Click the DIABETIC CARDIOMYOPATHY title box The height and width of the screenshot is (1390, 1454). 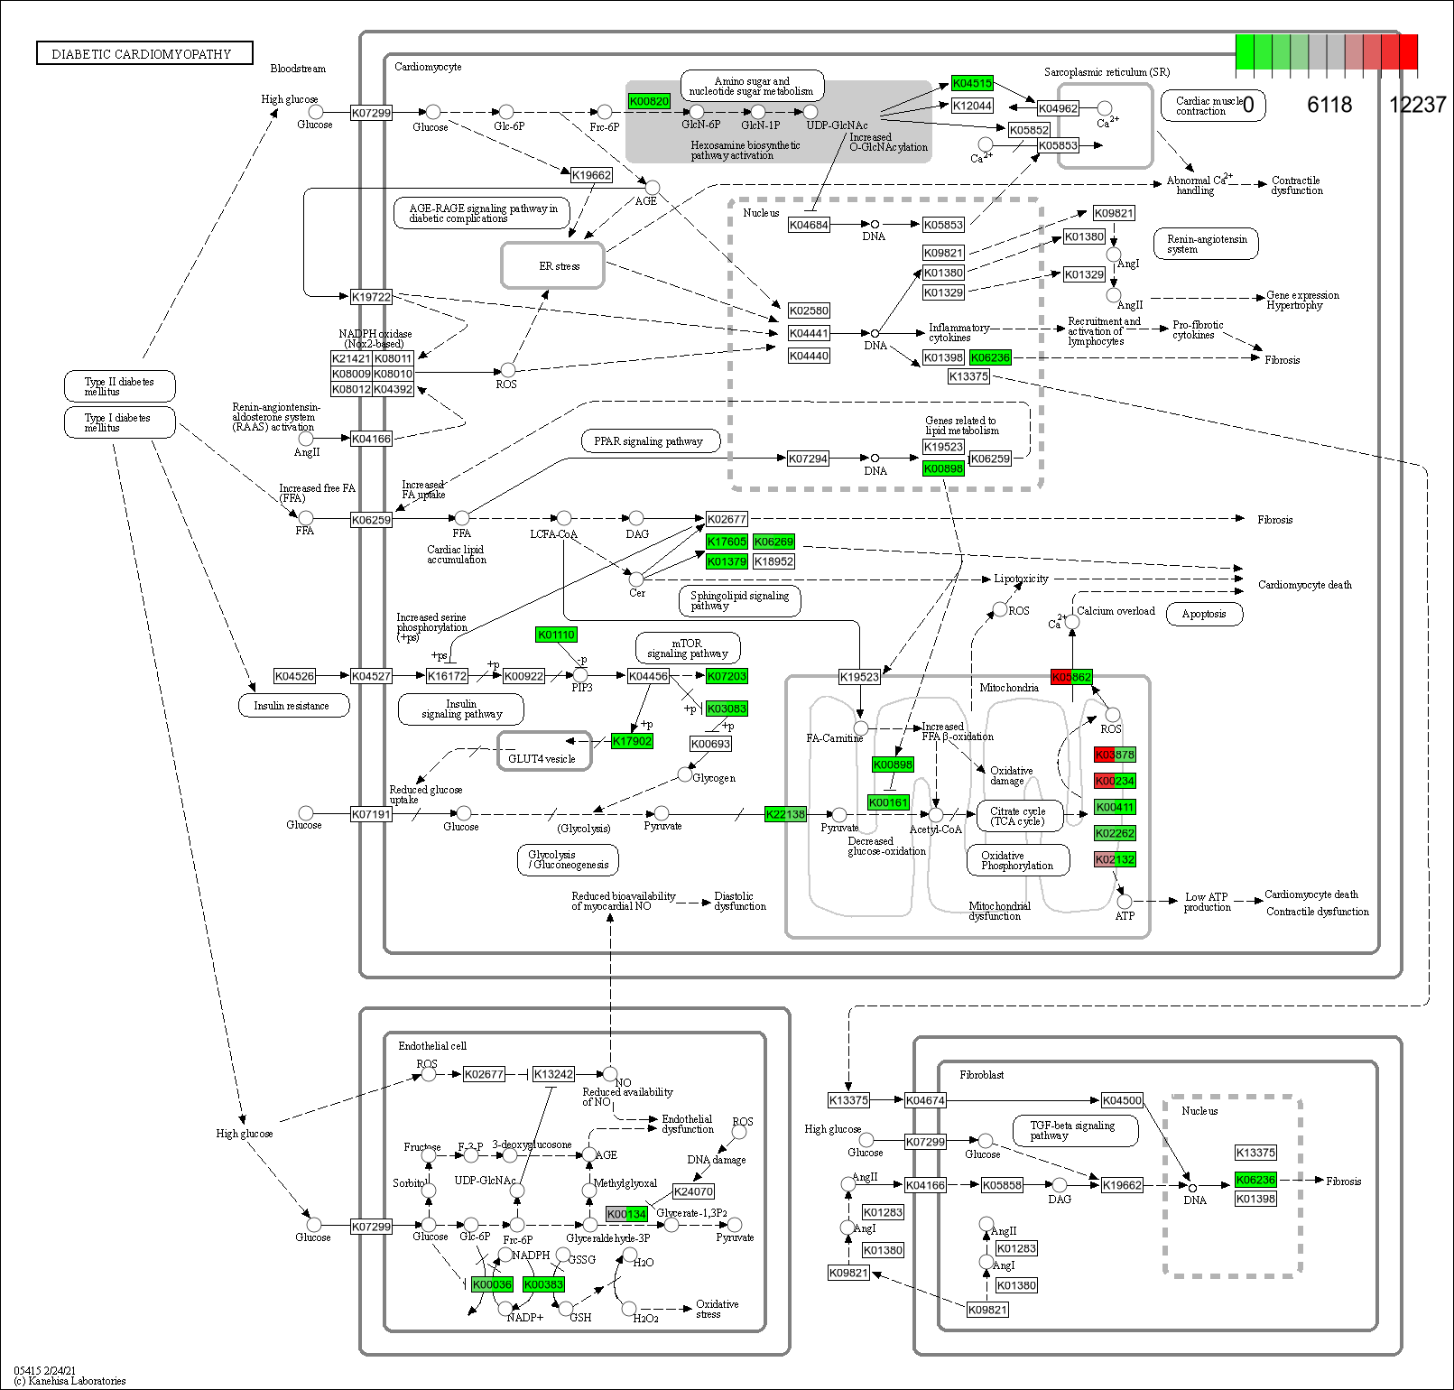(x=144, y=53)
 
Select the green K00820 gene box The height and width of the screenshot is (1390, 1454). (x=649, y=101)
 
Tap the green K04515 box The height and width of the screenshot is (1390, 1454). (x=972, y=83)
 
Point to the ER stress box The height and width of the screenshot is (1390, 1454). (x=553, y=265)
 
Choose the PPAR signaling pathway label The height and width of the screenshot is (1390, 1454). (x=649, y=441)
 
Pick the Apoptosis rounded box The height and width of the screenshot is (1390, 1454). (x=1204, y=614)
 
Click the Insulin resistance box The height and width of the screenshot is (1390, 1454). (x=292, y=705)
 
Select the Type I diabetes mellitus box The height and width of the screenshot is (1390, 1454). (x=119, y=422)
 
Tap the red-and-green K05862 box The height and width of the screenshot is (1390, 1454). (x=1071, y=677)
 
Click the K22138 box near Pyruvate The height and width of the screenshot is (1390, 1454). (x=784, y=814)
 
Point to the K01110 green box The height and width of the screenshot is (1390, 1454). (x=556, y=635)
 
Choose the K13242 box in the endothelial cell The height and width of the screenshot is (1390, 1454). (x=553, y=1074)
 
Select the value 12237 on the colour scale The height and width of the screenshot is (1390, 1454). (x=1417, y=106)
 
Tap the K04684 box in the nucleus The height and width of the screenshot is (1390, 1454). (x=809, y=225)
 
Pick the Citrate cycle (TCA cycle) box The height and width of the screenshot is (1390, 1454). (x=1018, y=816)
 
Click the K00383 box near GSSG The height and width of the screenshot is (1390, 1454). (x=543, y=1284)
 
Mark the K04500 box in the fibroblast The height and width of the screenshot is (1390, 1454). (x=1122, y=1100)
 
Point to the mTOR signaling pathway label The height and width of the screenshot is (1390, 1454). (x=688, y=648)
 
